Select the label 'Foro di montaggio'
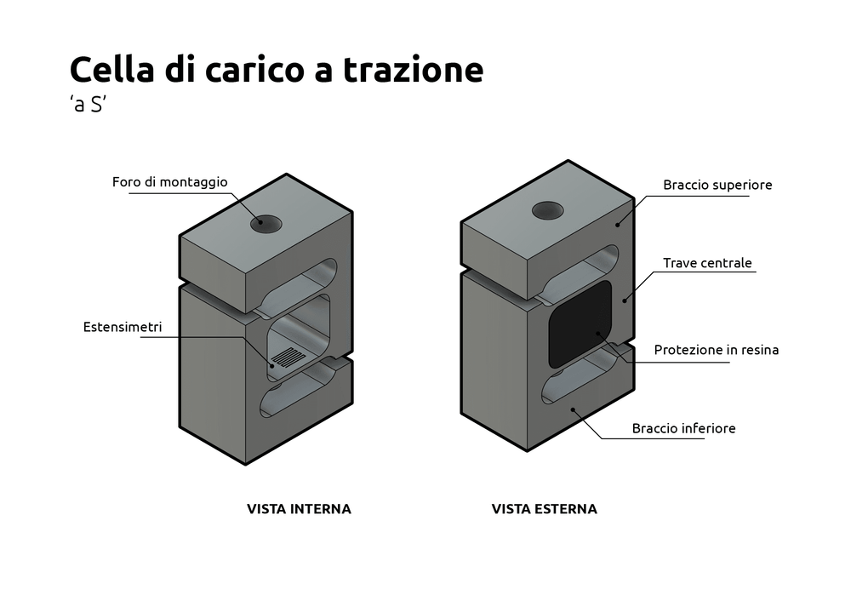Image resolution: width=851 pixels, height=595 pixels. [170, 182]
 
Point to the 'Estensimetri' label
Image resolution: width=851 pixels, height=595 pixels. [123, 326]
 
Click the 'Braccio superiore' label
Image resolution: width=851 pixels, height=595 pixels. [717, 185]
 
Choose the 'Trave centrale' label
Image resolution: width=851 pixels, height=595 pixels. [708, 263]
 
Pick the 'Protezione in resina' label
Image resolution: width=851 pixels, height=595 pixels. [717, 350]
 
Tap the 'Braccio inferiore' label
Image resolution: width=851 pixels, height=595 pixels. [683, 428]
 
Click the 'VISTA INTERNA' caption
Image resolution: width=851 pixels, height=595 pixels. [299, 509]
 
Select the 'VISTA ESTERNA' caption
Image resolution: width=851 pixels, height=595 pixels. [545, 509]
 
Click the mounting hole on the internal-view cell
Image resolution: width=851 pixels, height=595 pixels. [266, 224]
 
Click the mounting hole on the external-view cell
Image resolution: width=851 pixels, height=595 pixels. [548, 210]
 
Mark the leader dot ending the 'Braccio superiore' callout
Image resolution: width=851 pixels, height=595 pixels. [619, 223]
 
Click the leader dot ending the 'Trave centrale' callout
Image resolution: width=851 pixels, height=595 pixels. [625, 299]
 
